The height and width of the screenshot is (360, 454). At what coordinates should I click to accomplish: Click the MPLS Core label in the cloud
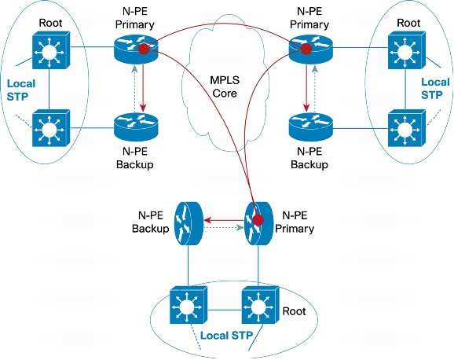click(225, 86)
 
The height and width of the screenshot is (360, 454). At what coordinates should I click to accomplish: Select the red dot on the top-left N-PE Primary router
click(144, 49)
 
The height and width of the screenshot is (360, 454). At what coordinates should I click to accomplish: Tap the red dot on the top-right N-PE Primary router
click(306, 49)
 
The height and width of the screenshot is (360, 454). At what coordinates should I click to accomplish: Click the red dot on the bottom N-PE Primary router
click(258, 220)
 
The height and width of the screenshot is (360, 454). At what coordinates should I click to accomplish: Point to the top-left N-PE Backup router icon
click(136, 127)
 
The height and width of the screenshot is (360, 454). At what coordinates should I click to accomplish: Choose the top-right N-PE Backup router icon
click(311, 127)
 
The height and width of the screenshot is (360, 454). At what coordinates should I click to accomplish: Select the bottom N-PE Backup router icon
click(188, 223)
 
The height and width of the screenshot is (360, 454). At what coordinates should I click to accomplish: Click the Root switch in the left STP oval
click(51, 50)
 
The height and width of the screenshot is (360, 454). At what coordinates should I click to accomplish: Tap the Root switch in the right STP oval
click(407, 50)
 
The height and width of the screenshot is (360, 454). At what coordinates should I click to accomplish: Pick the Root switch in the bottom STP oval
click(260, 305)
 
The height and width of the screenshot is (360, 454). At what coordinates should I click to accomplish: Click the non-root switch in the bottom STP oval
click(189, 305)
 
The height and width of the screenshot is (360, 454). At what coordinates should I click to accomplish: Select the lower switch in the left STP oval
click(51, 128)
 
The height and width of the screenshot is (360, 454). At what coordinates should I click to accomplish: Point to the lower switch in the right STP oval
click(407, 128)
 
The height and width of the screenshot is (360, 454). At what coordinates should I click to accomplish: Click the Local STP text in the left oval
click(21, 90)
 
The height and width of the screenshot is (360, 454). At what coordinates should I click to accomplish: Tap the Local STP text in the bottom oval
click(226, 336)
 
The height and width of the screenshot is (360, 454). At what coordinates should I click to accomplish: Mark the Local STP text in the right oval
click(435, 88)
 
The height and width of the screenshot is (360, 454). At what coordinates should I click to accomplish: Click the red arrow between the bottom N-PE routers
click(225, 220)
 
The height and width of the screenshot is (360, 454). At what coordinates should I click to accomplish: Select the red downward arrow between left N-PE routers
click(143, 88)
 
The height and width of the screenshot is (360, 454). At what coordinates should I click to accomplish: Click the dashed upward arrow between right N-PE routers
click(315, 88)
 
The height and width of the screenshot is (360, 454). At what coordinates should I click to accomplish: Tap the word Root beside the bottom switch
click(295, 311)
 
